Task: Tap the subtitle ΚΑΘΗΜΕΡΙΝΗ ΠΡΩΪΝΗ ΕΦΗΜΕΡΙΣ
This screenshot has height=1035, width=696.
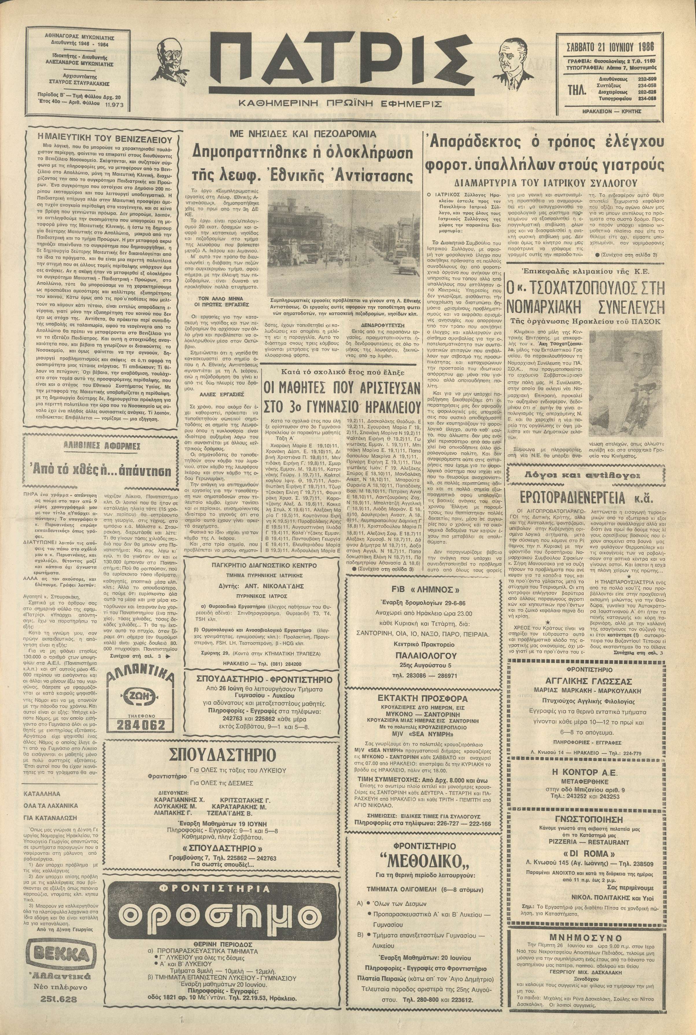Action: (340, 104)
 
